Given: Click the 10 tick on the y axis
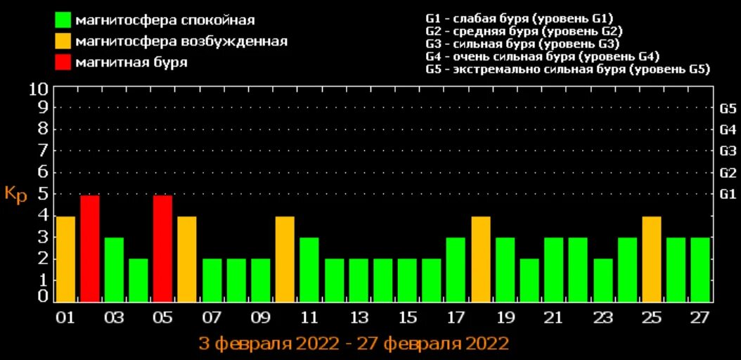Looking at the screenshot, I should pyautogui.click(x=39, y=89).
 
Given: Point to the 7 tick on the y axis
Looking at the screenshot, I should pyautogui.click(x=42, y=150).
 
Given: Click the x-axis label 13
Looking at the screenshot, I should pyautogui.click(x=359, y=317).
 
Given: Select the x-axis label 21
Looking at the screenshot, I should pyautogui.click(x=554, y=317).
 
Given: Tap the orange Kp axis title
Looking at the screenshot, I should pyautogui.click(x=15, y=194).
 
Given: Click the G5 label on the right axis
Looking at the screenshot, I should pyautogui.click(x=728, y=109).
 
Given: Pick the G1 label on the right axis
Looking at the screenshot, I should pyautogui.click(x=728, y=194).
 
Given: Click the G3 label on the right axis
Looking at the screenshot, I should pyautogui.click(x=728, y=151).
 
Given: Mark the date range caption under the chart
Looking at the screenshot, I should pyautogui.click(x=354, y=344).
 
